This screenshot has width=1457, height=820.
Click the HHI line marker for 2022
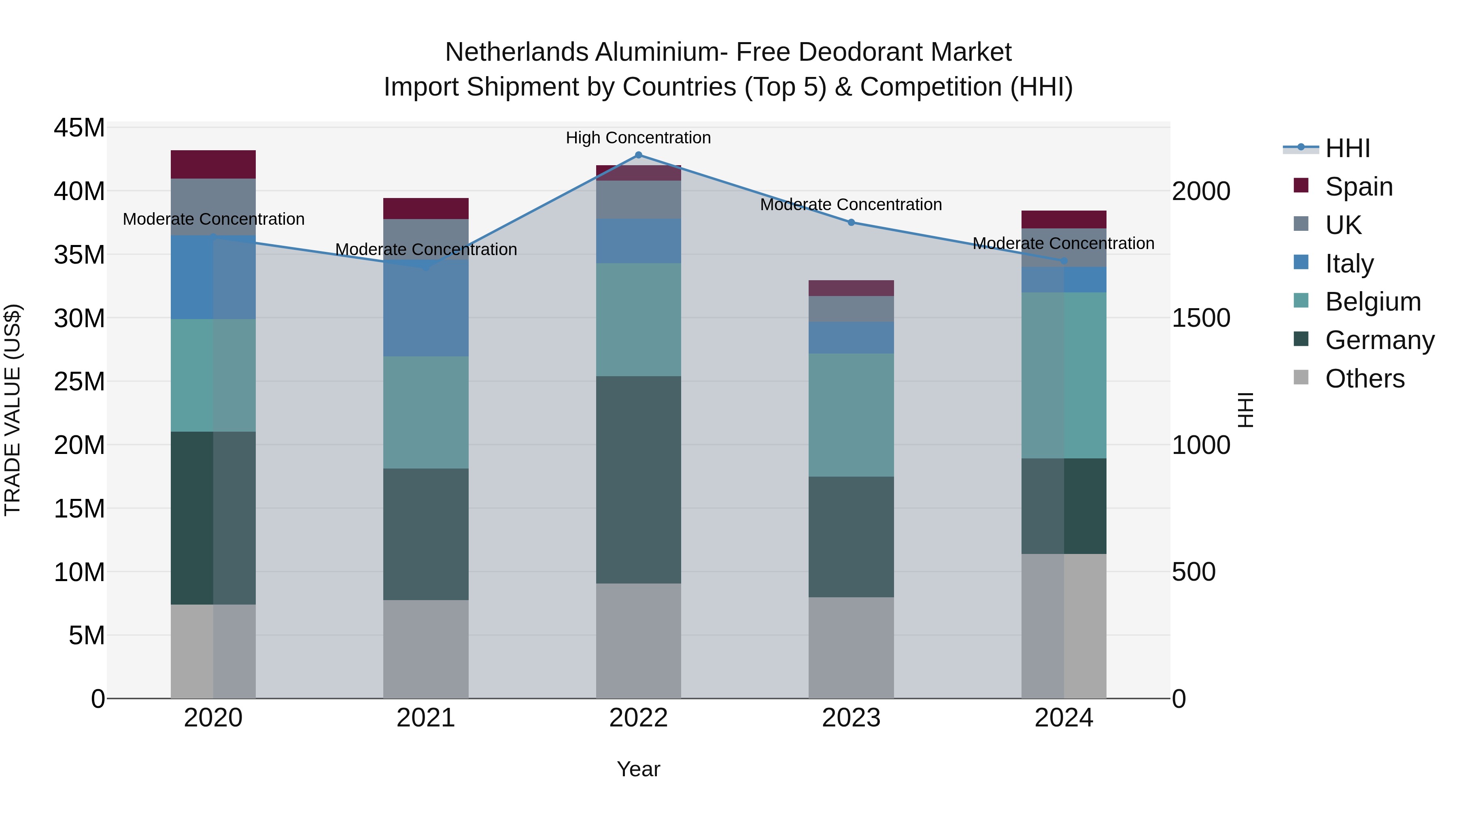coord(639,155)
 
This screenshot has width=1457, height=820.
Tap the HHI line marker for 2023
coord(851,222)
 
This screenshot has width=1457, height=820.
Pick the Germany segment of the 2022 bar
coord(639,480)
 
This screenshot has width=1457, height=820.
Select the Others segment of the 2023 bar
coord(851,647)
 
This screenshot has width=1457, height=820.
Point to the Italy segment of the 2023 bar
coord(851,338)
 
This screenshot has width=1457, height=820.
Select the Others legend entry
coord(1364,379)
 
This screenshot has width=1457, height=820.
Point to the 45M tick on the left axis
coord(79,128)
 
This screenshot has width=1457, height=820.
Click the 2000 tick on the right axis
coord(1200,191)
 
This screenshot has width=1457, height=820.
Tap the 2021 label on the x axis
coord(426,718)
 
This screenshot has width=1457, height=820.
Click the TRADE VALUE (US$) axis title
coord(13,410)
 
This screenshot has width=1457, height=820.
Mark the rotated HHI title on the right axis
coord(1245,410)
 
